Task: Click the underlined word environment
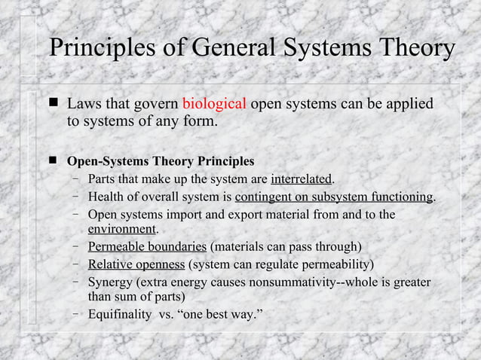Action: pos(121,229)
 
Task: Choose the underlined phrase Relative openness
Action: pos(136,264)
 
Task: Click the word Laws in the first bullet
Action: pos(84,103)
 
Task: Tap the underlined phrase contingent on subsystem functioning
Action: pos(334,197)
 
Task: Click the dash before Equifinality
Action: pos(77,314)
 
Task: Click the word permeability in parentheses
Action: pos(334,264)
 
